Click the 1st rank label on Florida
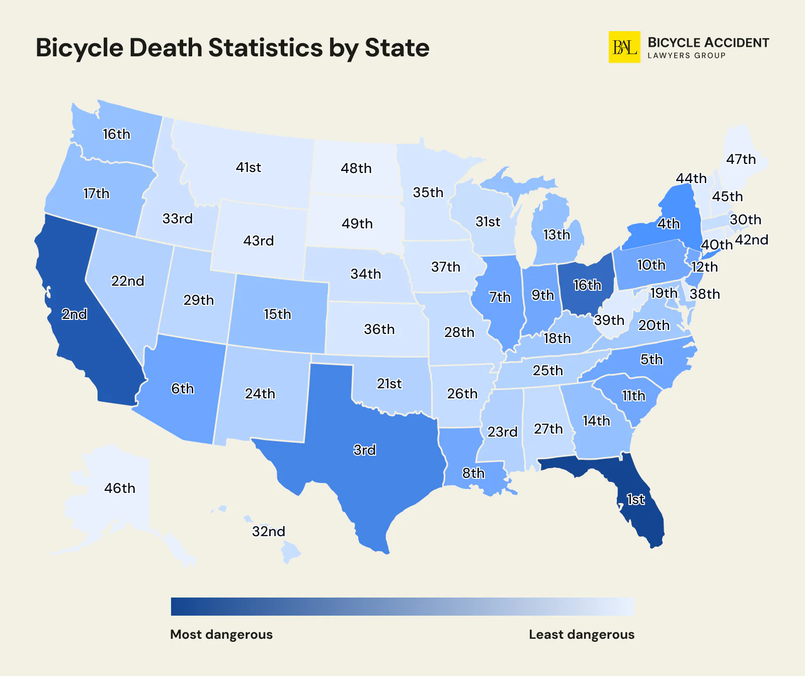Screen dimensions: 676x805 tap(635, 499)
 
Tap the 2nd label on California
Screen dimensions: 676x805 tap(74, 314)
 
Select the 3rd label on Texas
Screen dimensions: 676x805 tap(365, 450)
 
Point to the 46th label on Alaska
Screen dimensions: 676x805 tap(120, 488)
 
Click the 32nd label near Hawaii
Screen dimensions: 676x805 tap(269, 531)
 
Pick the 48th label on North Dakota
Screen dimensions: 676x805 tap(356, 168)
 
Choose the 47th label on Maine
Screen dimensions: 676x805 tap(741, 159)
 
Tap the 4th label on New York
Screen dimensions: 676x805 tap(669, 223)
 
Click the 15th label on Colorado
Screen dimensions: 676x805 tap(277, 314)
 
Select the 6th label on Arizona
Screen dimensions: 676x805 tap(182, 388)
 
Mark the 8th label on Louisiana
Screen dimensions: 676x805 tap(473, 473)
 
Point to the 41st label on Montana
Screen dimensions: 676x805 tap(249, 167)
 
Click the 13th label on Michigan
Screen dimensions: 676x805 tap(556, 234)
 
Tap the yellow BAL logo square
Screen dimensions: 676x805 tap(624, 47)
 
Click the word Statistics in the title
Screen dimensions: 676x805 tap(266, 48)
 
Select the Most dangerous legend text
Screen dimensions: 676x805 tap(221, 634)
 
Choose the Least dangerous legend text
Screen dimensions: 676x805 tap(582, 634)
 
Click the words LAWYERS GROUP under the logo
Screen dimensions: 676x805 tap(686, 55)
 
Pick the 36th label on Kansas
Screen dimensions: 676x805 tap(379, 329)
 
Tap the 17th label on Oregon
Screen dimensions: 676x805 tap(96, 193)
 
